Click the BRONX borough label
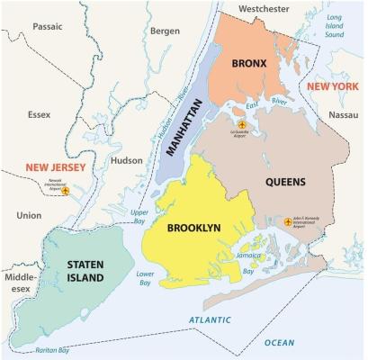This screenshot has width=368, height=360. coord(248,65)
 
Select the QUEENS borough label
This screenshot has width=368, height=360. coord(285,182)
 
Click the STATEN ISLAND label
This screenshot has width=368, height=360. coord(85,271)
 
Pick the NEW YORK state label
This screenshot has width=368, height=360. coord(332,85)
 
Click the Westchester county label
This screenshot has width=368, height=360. coord(265,9)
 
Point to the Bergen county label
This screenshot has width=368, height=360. coord(165,31)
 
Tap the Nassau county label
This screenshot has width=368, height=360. coord(343,116)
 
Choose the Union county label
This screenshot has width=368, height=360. coord(29,215)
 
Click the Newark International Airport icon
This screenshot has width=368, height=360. coord(64,190)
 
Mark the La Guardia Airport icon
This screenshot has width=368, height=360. coord(241,124)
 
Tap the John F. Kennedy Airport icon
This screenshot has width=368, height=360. coord(269,218)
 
